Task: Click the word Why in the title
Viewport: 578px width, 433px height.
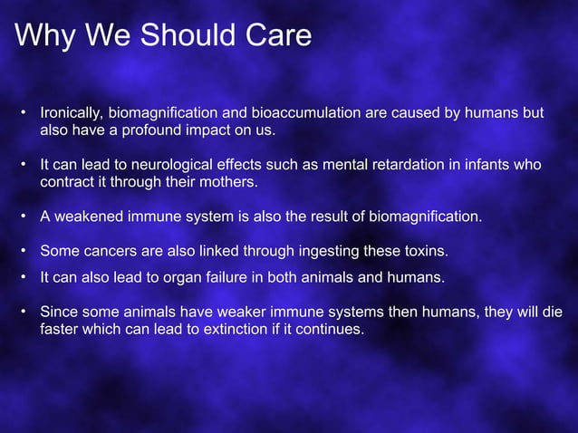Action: coord(43,35)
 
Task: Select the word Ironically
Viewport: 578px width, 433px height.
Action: coord(72,113)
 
